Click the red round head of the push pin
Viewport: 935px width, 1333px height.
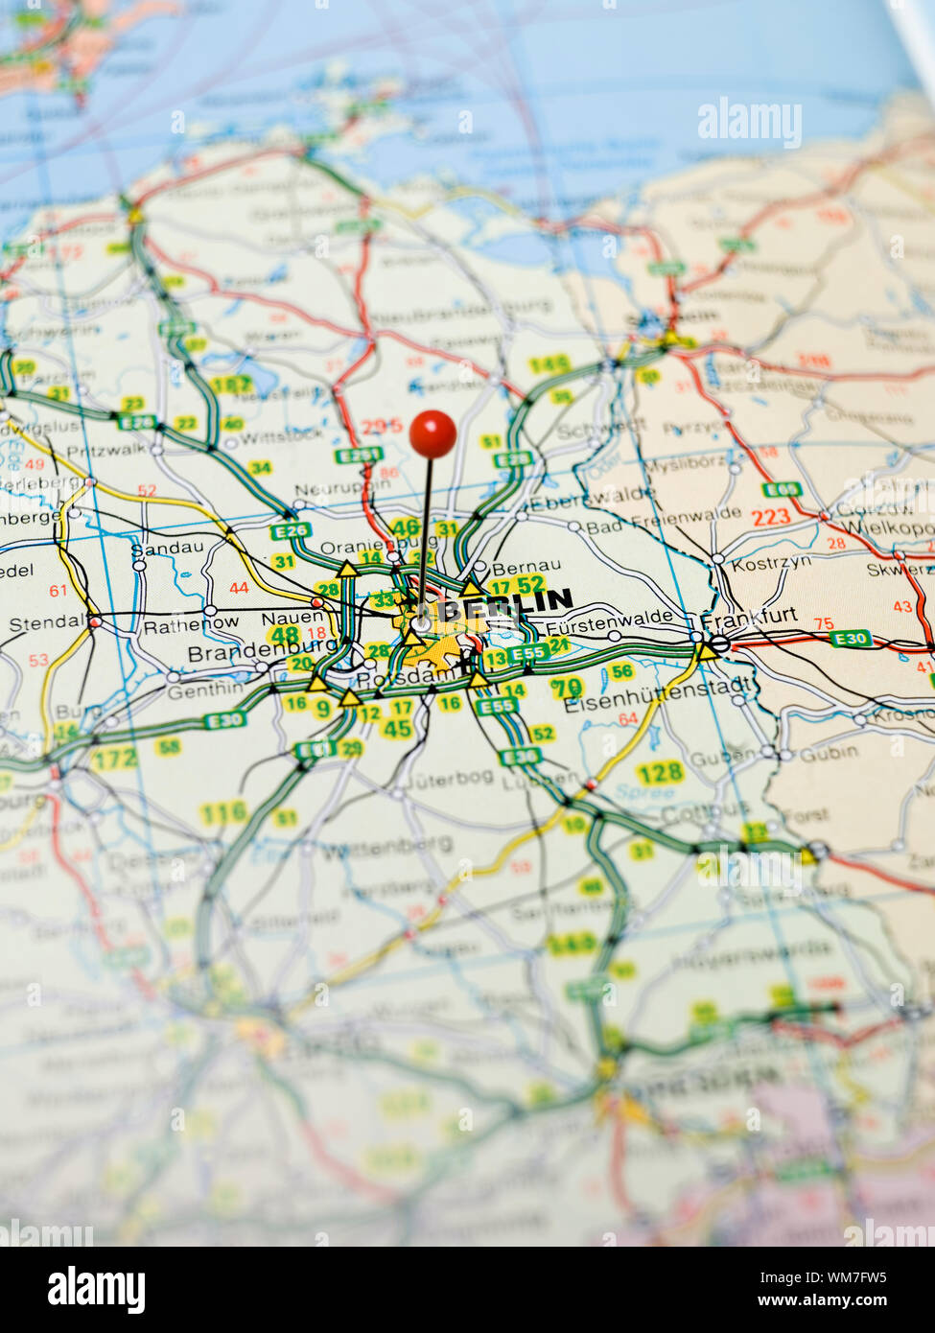432,433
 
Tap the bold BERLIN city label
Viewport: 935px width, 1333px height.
505,604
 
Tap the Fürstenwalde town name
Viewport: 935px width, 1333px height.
609,618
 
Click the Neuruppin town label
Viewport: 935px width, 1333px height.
342,488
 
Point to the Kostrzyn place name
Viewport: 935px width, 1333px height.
770,564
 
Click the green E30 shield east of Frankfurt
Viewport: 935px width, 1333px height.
850,638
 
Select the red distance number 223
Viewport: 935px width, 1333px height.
770,517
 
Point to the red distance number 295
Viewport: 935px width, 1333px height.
382,427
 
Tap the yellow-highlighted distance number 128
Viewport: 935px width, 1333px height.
660,772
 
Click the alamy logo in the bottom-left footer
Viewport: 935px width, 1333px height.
96,1289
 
